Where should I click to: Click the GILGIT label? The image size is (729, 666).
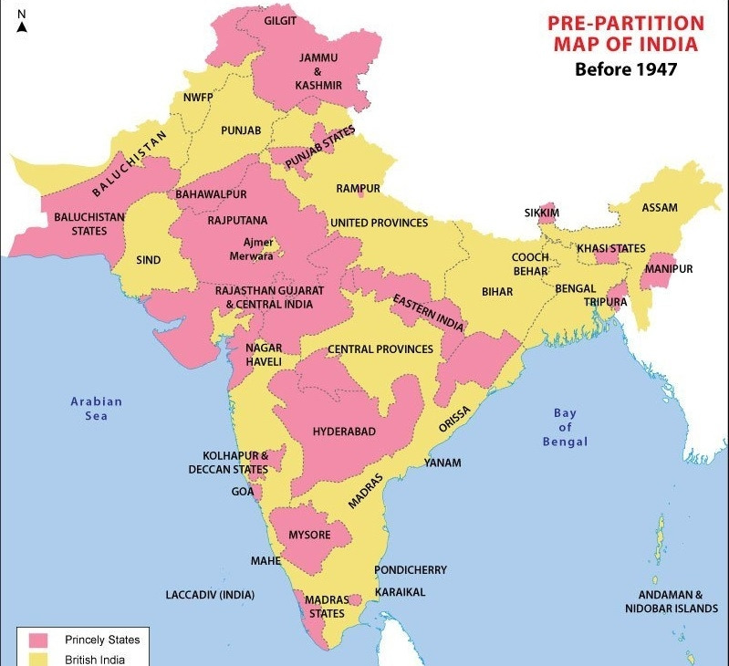pyautogui.click(x=280, y=21)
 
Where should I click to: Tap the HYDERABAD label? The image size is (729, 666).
pyautogui.click(x=344, y=431)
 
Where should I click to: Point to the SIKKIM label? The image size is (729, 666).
pyautogui.click(x=542, y=213)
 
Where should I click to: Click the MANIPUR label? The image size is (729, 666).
pyautogui.click(x=669, y=269)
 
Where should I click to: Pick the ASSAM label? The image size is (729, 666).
pyautogui.click(x=660, y=208)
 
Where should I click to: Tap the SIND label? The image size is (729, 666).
pyautogui.click(x=149, y=260)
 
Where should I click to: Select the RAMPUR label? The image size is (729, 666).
pyautogui.click(x=358, y=189)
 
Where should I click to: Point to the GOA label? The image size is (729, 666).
pyautogui.click(x=242, y=491)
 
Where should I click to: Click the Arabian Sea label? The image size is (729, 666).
pyautogui.click(x=97, y=409)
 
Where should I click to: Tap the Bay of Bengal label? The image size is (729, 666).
pyautogui.click(x=565, y=428)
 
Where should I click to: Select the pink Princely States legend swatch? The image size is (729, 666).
pyautogui.click(x=38, y=640)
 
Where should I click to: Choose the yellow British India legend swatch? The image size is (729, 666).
pyautogui.click(x=38, y=659)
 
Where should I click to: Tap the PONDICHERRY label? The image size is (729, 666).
pyautogui.click(x=411, y=570)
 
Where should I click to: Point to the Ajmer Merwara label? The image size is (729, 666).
pyautogui.click(x=251, y=249)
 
